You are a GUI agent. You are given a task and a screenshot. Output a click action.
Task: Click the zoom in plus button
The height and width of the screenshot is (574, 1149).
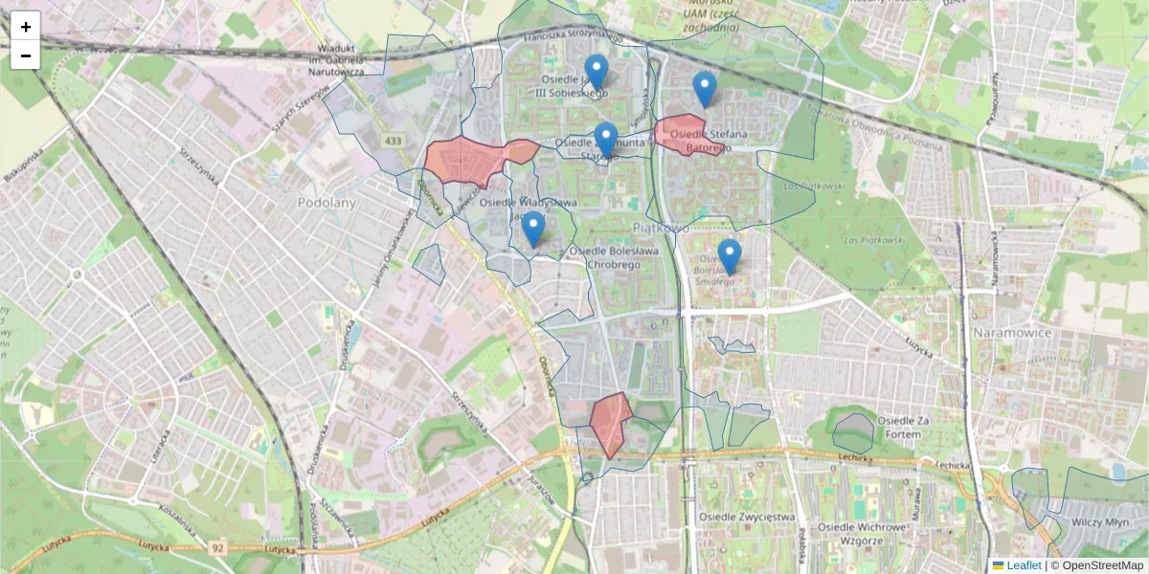(26, 27)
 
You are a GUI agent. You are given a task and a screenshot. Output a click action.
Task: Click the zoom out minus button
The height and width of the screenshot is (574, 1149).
(26, 55)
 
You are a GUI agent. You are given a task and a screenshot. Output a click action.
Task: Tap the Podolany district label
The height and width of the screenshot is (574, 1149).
(327, 203)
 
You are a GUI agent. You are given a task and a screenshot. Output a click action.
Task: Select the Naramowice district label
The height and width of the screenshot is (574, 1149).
(1012, 332)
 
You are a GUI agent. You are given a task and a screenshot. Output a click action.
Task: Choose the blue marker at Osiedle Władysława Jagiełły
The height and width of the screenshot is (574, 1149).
(533, 230)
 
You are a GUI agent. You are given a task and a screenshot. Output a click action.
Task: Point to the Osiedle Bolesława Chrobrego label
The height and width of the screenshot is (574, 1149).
(614, 257)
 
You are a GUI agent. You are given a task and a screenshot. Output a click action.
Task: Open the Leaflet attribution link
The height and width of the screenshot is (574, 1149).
(1024, 565)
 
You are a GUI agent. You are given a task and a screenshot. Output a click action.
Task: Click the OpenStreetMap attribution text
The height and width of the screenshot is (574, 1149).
(1101, 565)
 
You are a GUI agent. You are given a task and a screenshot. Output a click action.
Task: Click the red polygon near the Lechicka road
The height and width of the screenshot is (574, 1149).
(609, 422)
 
